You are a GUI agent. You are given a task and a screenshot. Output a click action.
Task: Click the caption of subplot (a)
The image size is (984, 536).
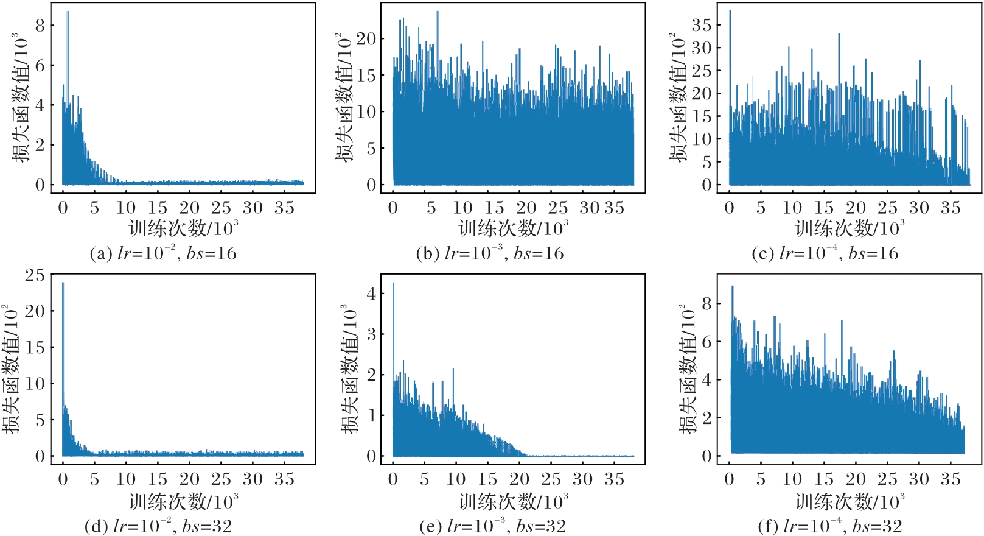pos(163,253)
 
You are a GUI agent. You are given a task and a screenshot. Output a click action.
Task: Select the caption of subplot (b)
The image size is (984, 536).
pos(490,253)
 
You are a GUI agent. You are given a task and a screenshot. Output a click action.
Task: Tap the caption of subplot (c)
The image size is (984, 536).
pos(825,253)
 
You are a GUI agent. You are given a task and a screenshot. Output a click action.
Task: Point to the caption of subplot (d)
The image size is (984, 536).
pos(158,526)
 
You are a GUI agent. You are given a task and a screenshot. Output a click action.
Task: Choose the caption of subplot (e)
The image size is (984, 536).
pos(493,526)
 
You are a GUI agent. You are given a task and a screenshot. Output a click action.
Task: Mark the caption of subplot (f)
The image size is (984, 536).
pos(830,526)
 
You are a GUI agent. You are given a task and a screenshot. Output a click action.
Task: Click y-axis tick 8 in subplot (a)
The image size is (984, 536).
pos(40,26)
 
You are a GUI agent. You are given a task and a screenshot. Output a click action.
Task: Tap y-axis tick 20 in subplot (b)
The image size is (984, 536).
pos(366,39)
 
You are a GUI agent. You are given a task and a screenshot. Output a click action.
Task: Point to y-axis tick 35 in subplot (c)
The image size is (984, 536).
pos(701,25)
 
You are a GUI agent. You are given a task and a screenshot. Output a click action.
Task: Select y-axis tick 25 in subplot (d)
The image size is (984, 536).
pos(35,275)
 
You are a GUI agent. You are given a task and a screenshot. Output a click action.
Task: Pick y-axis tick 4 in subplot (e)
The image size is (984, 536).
pos(371,294)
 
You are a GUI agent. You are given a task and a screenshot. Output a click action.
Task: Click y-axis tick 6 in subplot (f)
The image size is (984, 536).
pos(707,342)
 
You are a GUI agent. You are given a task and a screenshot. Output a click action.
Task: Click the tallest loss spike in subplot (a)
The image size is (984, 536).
pos(68,12)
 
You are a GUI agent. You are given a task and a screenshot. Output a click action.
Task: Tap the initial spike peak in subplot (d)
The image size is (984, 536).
pos(63,283)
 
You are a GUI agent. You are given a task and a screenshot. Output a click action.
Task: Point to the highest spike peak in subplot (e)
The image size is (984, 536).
pos(393,283)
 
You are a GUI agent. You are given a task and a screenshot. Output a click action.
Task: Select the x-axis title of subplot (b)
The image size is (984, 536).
pos(514,228)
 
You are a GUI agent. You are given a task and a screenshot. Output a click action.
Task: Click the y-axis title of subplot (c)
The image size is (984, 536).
pos(678,97)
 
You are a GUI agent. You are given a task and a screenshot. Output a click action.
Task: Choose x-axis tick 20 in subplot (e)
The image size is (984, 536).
pos(519,479)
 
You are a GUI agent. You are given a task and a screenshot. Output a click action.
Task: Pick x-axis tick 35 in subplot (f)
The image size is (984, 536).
pos(951,479)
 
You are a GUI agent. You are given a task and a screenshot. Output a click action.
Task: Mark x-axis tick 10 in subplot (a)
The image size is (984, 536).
pos(126,208)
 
